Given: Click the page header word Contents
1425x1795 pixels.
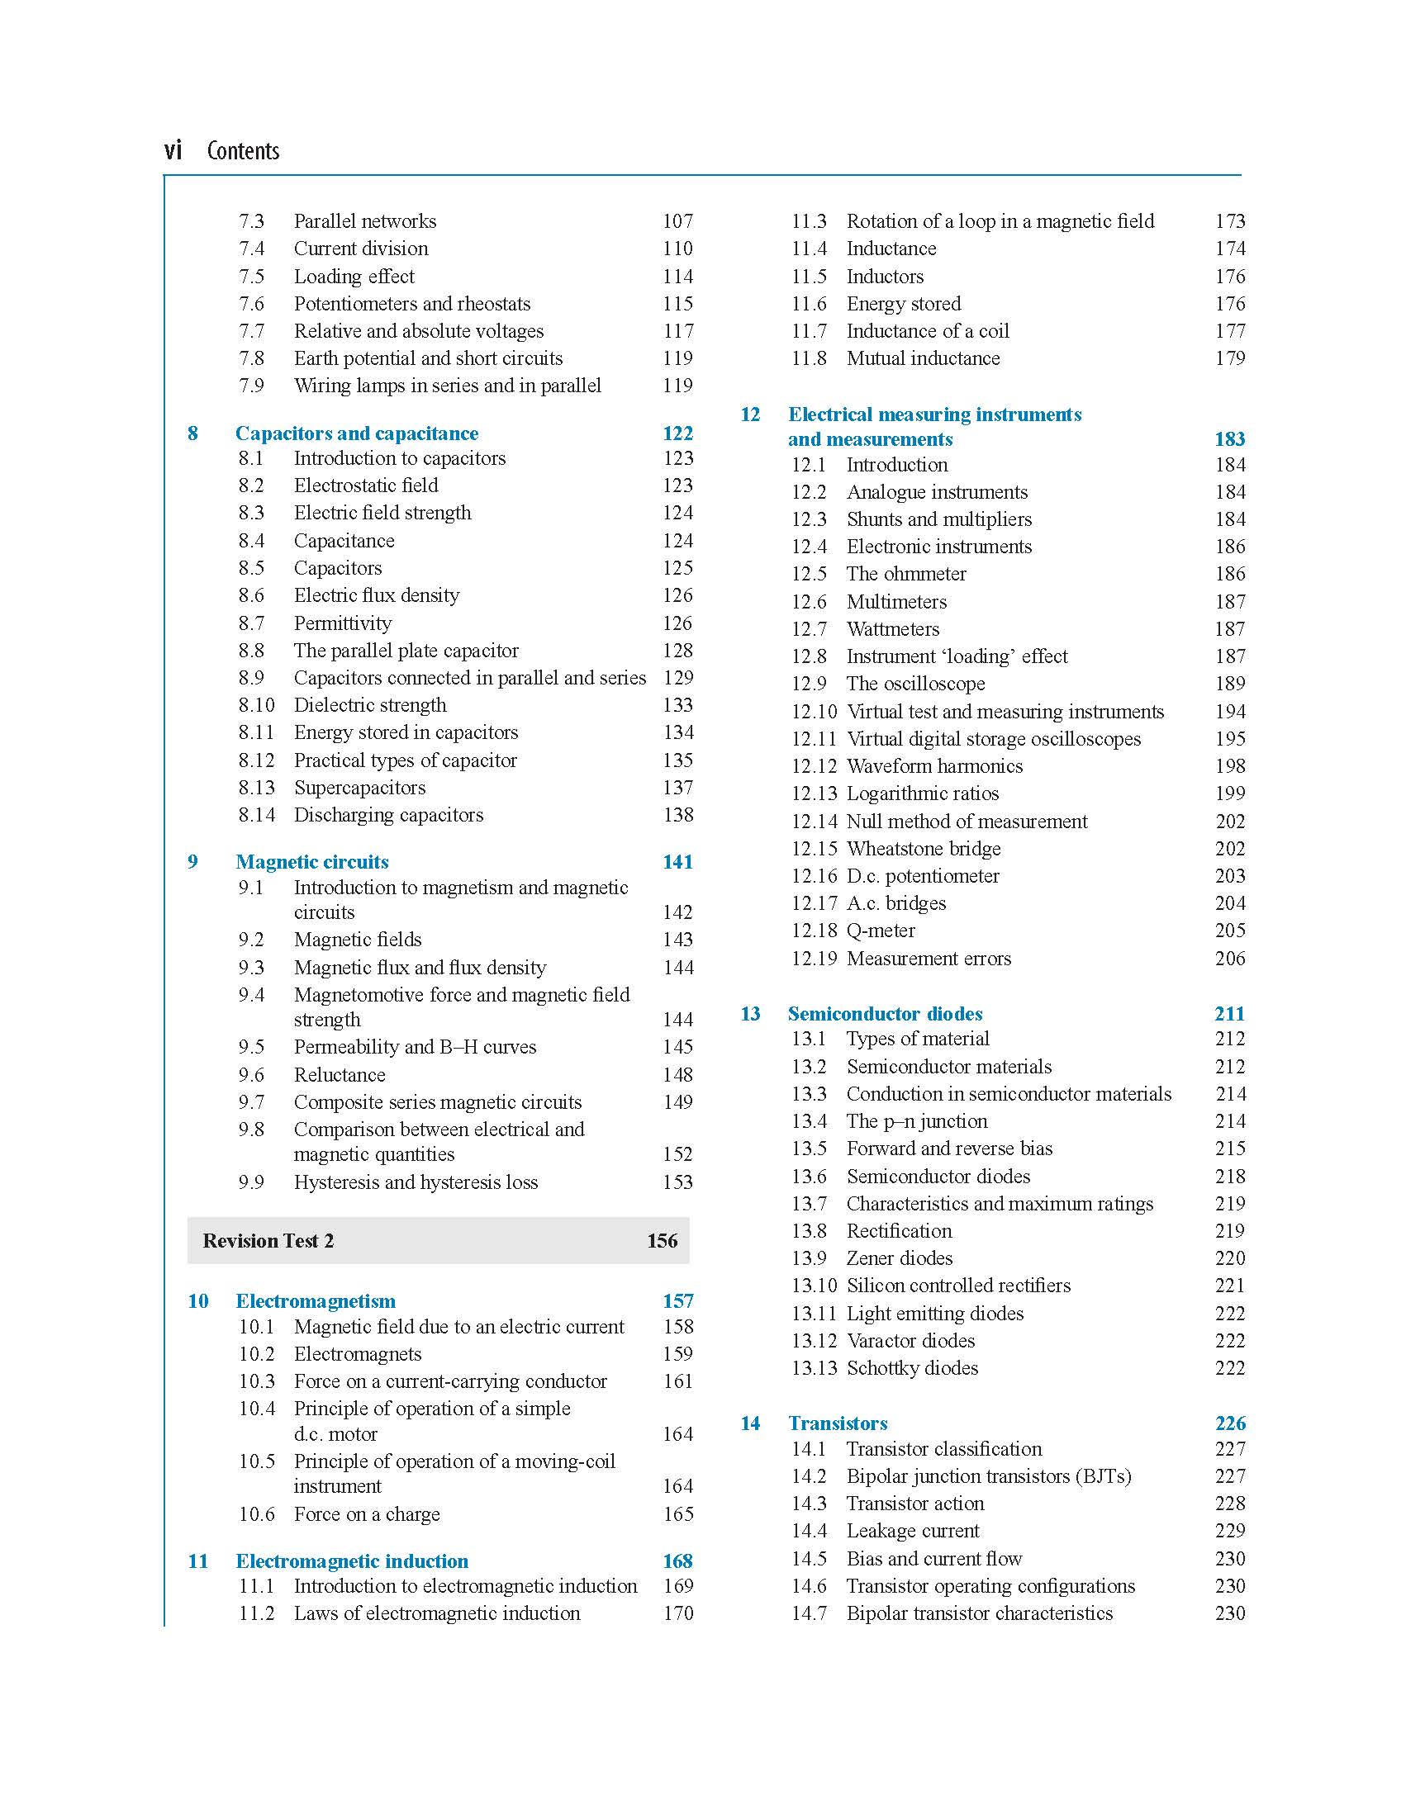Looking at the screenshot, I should (242, 151).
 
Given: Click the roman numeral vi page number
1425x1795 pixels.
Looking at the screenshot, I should (173, 150).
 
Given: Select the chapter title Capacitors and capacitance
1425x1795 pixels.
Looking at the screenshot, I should (357, 433).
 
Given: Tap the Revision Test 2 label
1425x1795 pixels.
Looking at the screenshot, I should (268, 1240).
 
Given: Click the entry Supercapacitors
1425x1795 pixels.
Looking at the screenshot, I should (359, 788).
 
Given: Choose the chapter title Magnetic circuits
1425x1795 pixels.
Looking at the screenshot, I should (311, 862).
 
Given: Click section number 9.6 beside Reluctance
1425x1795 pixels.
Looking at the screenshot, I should (251, 1075).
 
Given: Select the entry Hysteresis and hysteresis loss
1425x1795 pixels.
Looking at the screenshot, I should (416, 1182).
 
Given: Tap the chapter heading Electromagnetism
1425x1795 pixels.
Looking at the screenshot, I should (315, 1301).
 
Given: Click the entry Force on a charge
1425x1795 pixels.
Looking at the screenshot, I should (367, 1514).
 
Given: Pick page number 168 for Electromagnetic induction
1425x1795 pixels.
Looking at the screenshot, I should (677, 1561).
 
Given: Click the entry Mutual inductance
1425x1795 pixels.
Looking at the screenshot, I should (923, 359).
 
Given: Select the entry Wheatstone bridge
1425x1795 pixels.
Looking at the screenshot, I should (923, 850).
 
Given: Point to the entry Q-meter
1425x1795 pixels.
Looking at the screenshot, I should (881, 931).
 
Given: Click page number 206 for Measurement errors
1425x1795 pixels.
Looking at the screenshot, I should (1229, 959).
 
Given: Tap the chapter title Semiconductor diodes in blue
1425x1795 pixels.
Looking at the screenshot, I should (885, 1014).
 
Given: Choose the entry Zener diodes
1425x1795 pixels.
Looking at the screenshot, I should (900, 1258).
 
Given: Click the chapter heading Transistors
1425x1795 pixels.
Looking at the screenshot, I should (837, 1423).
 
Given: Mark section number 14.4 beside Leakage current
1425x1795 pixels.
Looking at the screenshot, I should (809, 1531).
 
